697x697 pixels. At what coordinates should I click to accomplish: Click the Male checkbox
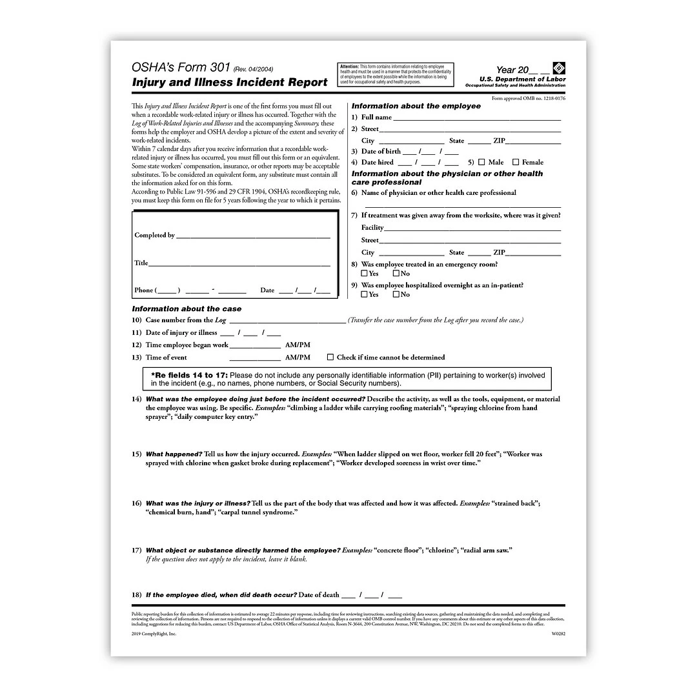[x=481, y=162]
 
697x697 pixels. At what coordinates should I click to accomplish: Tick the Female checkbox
[x=516, y=162]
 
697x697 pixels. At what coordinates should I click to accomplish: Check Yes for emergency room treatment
[x=365, y=273]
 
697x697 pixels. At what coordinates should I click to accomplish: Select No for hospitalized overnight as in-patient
[x=396, y=294]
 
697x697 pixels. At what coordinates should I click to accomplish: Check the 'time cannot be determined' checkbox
[x=330, y=357]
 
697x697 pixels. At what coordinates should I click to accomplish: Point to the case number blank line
[x=287, y=321]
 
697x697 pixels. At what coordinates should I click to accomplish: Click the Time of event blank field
[x=255, y=359]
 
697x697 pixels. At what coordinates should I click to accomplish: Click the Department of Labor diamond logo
[x=559, y=68]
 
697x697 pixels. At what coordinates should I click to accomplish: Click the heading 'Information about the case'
[x=187, y=309]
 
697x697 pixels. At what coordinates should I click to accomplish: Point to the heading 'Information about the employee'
[x=416, y=106]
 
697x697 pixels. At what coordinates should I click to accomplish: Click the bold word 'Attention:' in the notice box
[x=349, y=66]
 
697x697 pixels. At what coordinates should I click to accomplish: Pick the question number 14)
[x=137, y=399]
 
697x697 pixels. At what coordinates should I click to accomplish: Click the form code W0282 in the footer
[x=558, y=634]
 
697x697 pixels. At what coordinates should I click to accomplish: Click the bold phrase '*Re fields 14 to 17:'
[x=189, y=375]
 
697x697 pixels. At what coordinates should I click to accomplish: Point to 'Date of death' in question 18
[x=319, y=594]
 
